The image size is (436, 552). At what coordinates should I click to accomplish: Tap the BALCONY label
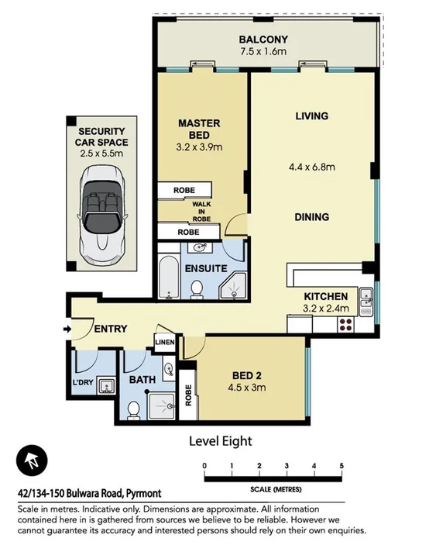coord(263,40)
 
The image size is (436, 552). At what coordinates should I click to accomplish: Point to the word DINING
coord(312,217)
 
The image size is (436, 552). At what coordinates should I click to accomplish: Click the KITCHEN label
coord(325,296)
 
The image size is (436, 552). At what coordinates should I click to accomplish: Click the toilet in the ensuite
coord(197,289)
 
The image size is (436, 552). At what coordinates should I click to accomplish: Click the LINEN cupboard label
coord(165,343)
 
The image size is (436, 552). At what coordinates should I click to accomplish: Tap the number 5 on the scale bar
coord(342,465)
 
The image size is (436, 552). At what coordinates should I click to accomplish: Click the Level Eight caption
coord(221,441)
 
